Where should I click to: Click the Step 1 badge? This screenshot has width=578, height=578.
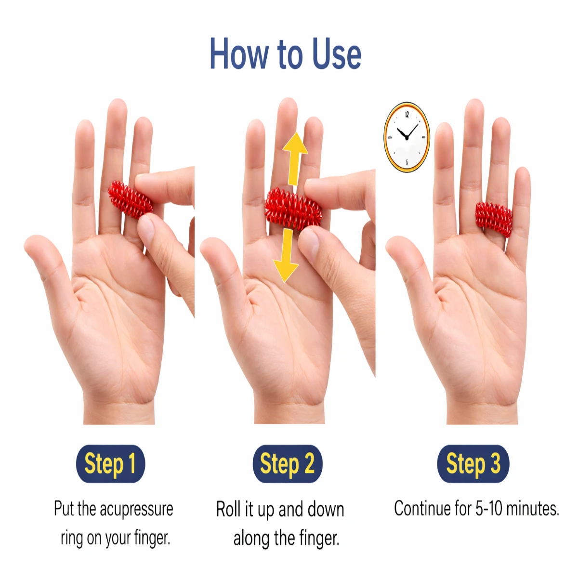110,463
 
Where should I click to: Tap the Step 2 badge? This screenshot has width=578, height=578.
288,463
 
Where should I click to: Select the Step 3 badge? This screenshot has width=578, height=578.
473,463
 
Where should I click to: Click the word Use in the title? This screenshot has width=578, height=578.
337,54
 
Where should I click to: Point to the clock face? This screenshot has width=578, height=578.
407,137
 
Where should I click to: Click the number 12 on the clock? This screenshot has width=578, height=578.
407,114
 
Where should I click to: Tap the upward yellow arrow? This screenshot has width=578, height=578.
294,159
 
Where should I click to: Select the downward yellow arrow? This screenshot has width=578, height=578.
286,255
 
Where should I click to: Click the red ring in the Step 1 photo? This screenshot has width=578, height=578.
130,199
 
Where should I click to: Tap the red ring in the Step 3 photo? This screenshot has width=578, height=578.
493,220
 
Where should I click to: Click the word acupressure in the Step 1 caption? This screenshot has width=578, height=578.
136,509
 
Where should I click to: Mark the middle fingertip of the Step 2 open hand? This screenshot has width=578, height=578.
288,105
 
